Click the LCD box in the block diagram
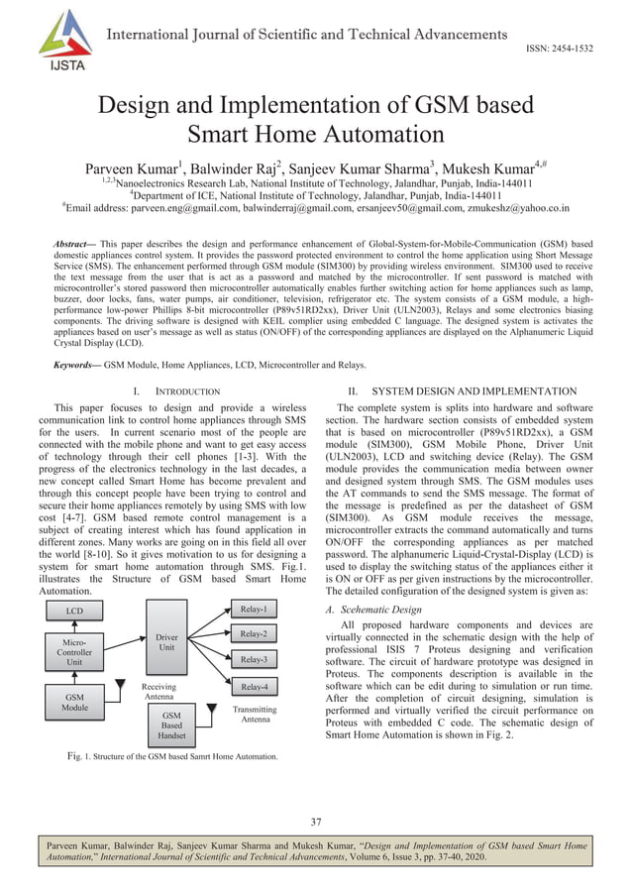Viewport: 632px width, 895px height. pos(74,612)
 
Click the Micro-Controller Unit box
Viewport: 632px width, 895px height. pos(74,654)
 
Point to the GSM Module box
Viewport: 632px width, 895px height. pos(74,703)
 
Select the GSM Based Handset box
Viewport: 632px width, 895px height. pos(171,726)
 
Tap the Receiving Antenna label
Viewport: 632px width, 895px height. pos(158,691)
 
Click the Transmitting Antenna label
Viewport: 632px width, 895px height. pos(255,715)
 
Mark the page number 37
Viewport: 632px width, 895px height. pos(316,821)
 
